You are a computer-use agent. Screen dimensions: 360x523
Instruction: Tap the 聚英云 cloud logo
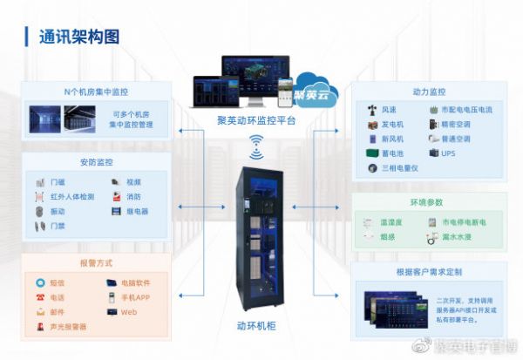[x=313, y=93]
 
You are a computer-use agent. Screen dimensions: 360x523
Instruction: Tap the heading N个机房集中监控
[x=96, y=92]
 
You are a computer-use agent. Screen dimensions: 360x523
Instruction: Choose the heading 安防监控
[x=96, y=162]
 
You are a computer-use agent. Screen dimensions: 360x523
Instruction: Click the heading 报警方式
[x=96, y=262]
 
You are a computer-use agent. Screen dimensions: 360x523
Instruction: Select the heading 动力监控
[x=428, y=92]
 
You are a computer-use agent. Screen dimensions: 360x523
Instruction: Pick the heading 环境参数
[x=428, y=202]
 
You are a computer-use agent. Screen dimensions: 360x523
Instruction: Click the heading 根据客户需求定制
[x=428, y=272]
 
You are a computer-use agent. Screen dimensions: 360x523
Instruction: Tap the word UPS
[x=449, y=153]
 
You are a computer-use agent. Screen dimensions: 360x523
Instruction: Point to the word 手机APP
[x=135, y=297]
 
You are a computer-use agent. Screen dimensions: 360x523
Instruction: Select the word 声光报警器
[x=69, y=327]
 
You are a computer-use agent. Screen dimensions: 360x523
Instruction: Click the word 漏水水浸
[x=459, y=236]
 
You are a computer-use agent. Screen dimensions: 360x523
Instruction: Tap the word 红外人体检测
[x=74, y=197]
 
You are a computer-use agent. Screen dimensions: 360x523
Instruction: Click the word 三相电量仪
[x=400, y=167]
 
